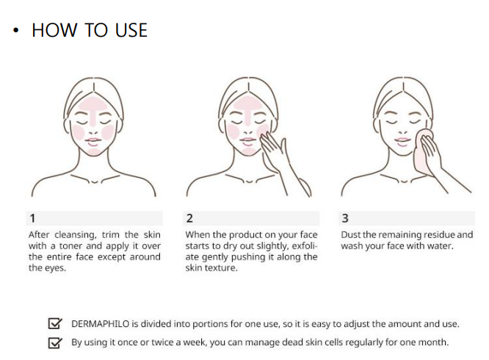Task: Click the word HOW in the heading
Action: click(x=54, y=30)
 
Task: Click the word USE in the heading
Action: click(x=131, y=30)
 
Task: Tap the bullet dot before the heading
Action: click(x=16, y=30)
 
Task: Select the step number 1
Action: click(x=32, y=218)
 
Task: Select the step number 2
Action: click(x=189, y=218)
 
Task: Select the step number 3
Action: click(x=345, y=218)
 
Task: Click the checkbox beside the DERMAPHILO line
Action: click(x=55, y=323)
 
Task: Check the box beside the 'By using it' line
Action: click(x=55, y=342)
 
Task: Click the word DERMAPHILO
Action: click(x=100, y=324)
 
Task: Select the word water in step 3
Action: click(x=441, y=246)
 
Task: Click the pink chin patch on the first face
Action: click(x=93, y=152)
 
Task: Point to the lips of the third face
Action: click(x=402, y=141)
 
